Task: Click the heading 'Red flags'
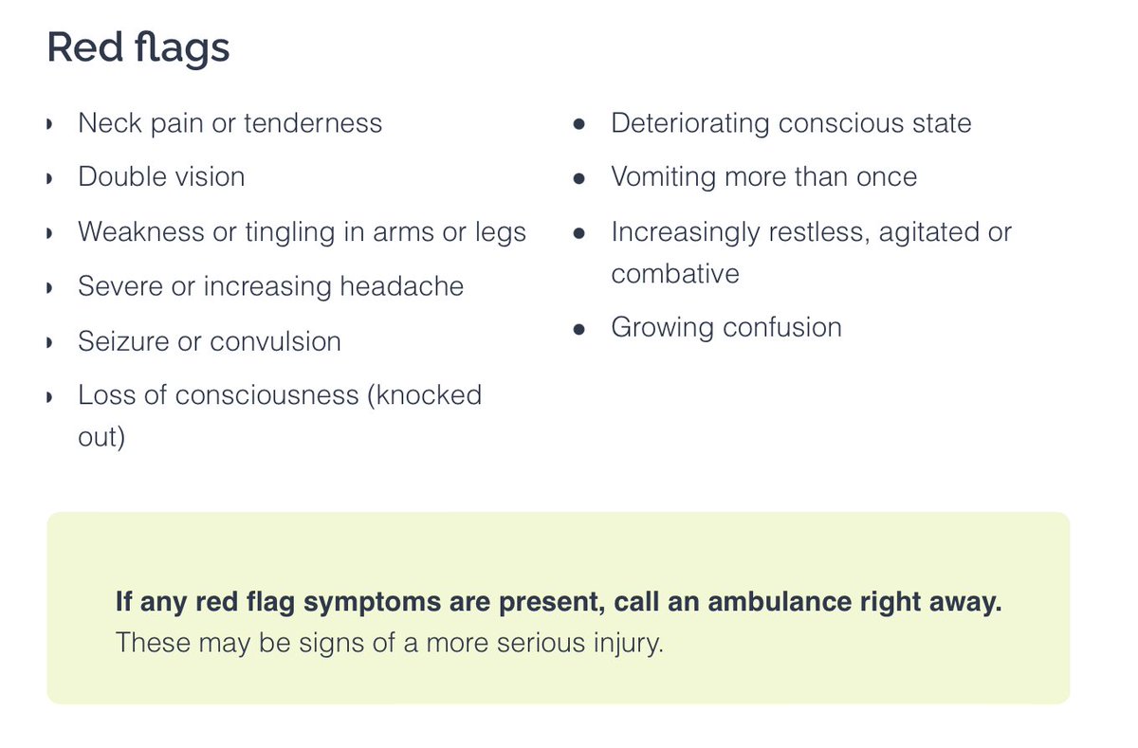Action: coord(138,47)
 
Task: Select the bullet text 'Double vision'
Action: coord(161,177)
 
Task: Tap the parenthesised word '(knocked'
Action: coord(424,395)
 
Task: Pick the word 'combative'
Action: coord(675,274)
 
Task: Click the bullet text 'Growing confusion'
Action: coord(726,328)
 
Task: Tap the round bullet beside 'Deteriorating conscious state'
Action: coord(579,124)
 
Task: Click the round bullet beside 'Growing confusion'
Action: coord(579,329)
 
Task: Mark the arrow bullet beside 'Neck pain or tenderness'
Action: coord(49,124)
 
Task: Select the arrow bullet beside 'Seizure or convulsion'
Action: coord(49,342)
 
